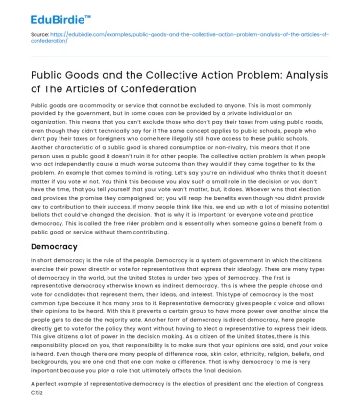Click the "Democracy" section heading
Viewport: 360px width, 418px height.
tap(62, 246)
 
